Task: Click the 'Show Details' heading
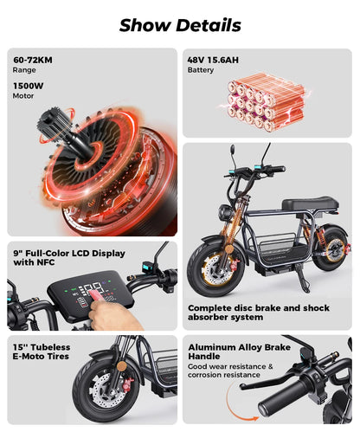[180, 24]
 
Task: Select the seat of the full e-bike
[306, 205]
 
